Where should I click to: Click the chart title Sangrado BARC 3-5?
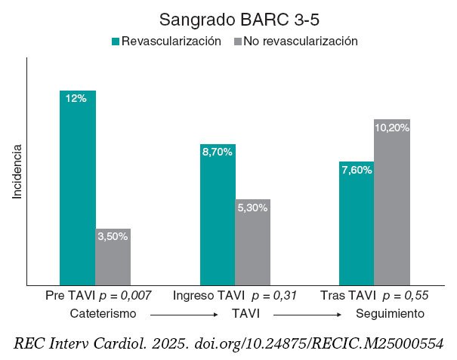228,18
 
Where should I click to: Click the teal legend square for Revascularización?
116,42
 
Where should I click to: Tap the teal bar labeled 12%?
77,189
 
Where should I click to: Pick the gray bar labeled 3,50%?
113,257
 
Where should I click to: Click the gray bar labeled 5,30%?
252,242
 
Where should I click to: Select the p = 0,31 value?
273,295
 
